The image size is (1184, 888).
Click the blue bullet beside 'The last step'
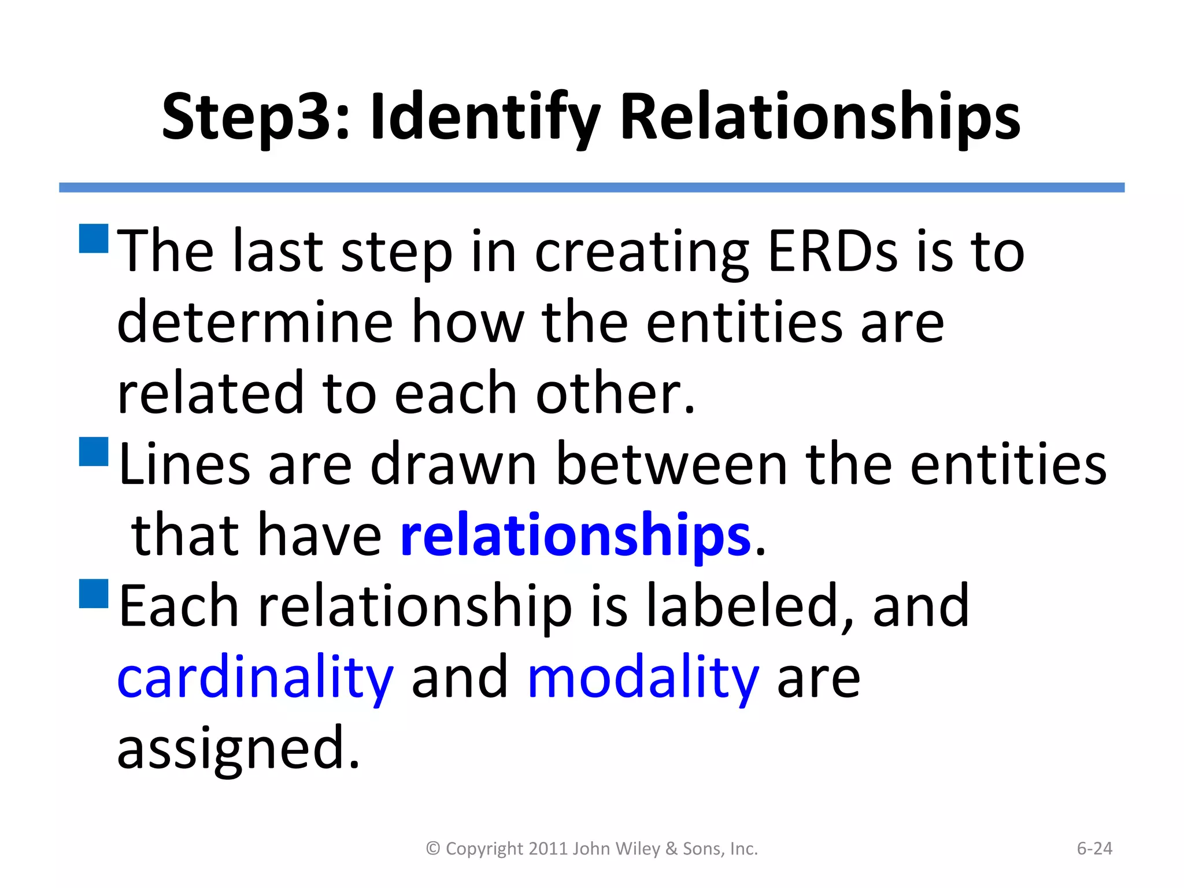click(94, 239)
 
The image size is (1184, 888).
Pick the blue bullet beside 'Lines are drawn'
click(94, 452)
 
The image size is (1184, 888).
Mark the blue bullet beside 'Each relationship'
click(94, 593)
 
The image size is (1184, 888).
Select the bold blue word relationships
click(575, 536)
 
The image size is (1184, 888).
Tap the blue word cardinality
click(255, 678)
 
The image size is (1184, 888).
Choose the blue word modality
click(643, 678)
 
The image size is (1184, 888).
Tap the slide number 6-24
click(1094, 849)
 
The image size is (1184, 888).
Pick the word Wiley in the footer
click(638, 849)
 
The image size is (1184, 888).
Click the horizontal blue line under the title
click(591, 187)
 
